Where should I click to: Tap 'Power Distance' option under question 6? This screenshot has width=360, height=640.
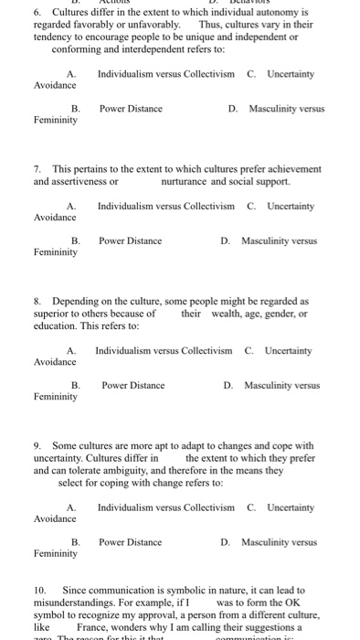(x=131, y=109)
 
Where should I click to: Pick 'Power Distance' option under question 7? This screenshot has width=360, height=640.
(x=131, y=241)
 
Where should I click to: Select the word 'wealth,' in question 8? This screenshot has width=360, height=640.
(x=225, y=313)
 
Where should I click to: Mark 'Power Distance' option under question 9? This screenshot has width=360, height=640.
(x=131, y=542)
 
